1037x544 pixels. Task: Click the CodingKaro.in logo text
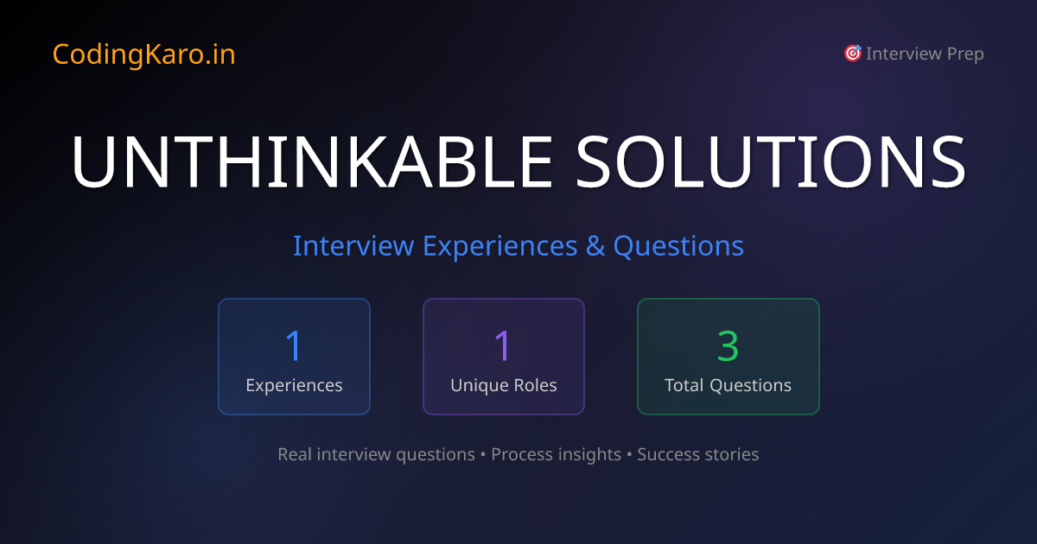[x=143, y=54]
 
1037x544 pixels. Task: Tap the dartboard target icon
[x=852, y=54]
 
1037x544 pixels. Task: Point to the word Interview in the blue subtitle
[x=353, y=246]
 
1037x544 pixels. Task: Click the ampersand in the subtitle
[x=595, y=246]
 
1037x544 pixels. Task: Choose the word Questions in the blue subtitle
[x=678, y=246]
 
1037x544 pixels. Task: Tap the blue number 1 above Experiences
[x=294, y=345]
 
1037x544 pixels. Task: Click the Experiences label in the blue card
[x=294, y=385]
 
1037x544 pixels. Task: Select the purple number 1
[x=503, y=345]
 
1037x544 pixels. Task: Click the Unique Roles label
[x=503, y=385]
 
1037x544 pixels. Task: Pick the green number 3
[x=728, y=345]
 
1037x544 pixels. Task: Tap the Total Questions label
[x=728, y=385]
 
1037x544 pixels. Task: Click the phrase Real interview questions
[x=376, y=454]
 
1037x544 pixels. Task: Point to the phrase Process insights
[x=556, y=454]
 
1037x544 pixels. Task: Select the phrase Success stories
[x=697, y=454]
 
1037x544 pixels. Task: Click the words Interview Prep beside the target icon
[x=925, y=54]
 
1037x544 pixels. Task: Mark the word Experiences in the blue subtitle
[x=499, y=246]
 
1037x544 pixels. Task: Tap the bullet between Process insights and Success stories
[x=629, y=454]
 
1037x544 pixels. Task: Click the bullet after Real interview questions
[x=483, y=454]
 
